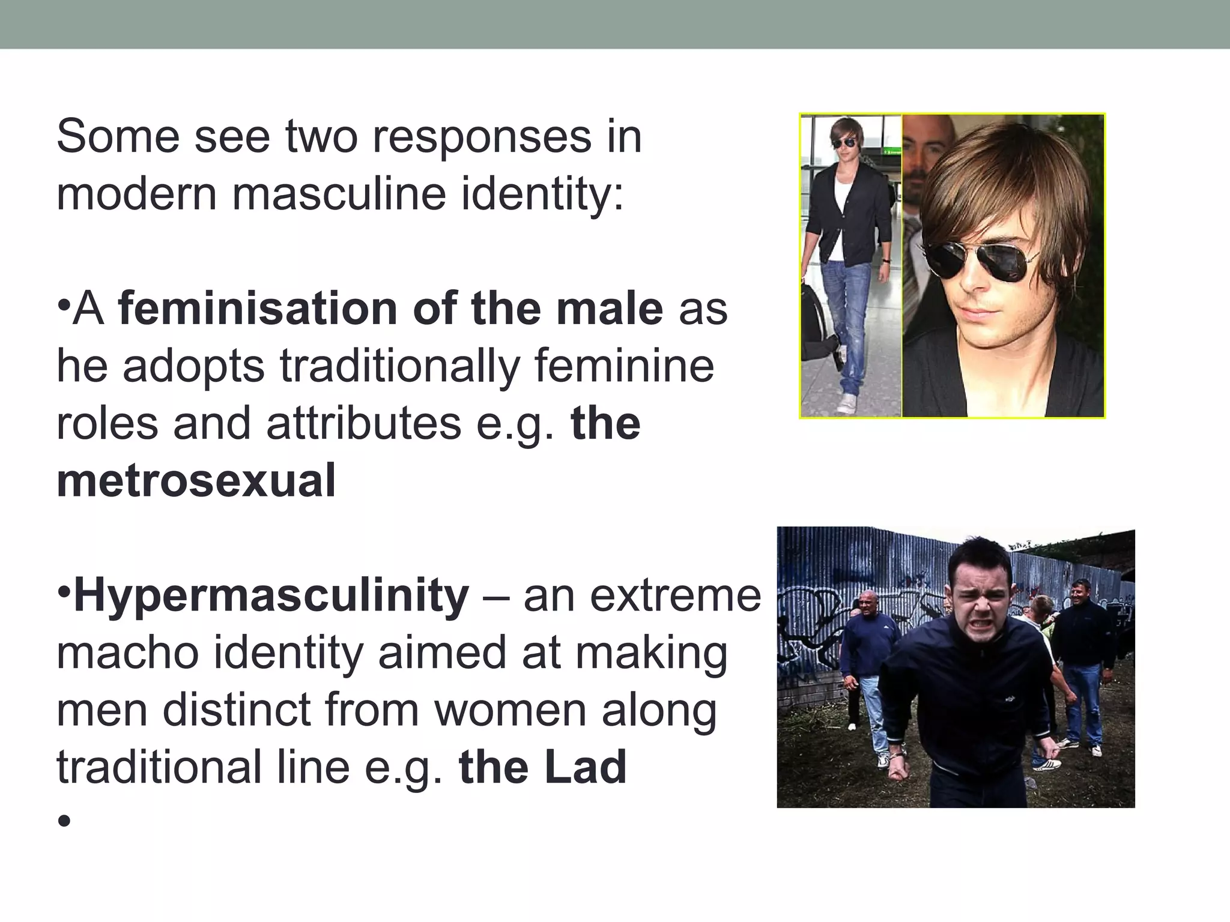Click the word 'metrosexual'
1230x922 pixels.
(196, 481)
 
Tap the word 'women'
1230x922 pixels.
(510, 710)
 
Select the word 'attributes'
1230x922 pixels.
(363, 423)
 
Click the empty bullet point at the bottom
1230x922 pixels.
(64, 821)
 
